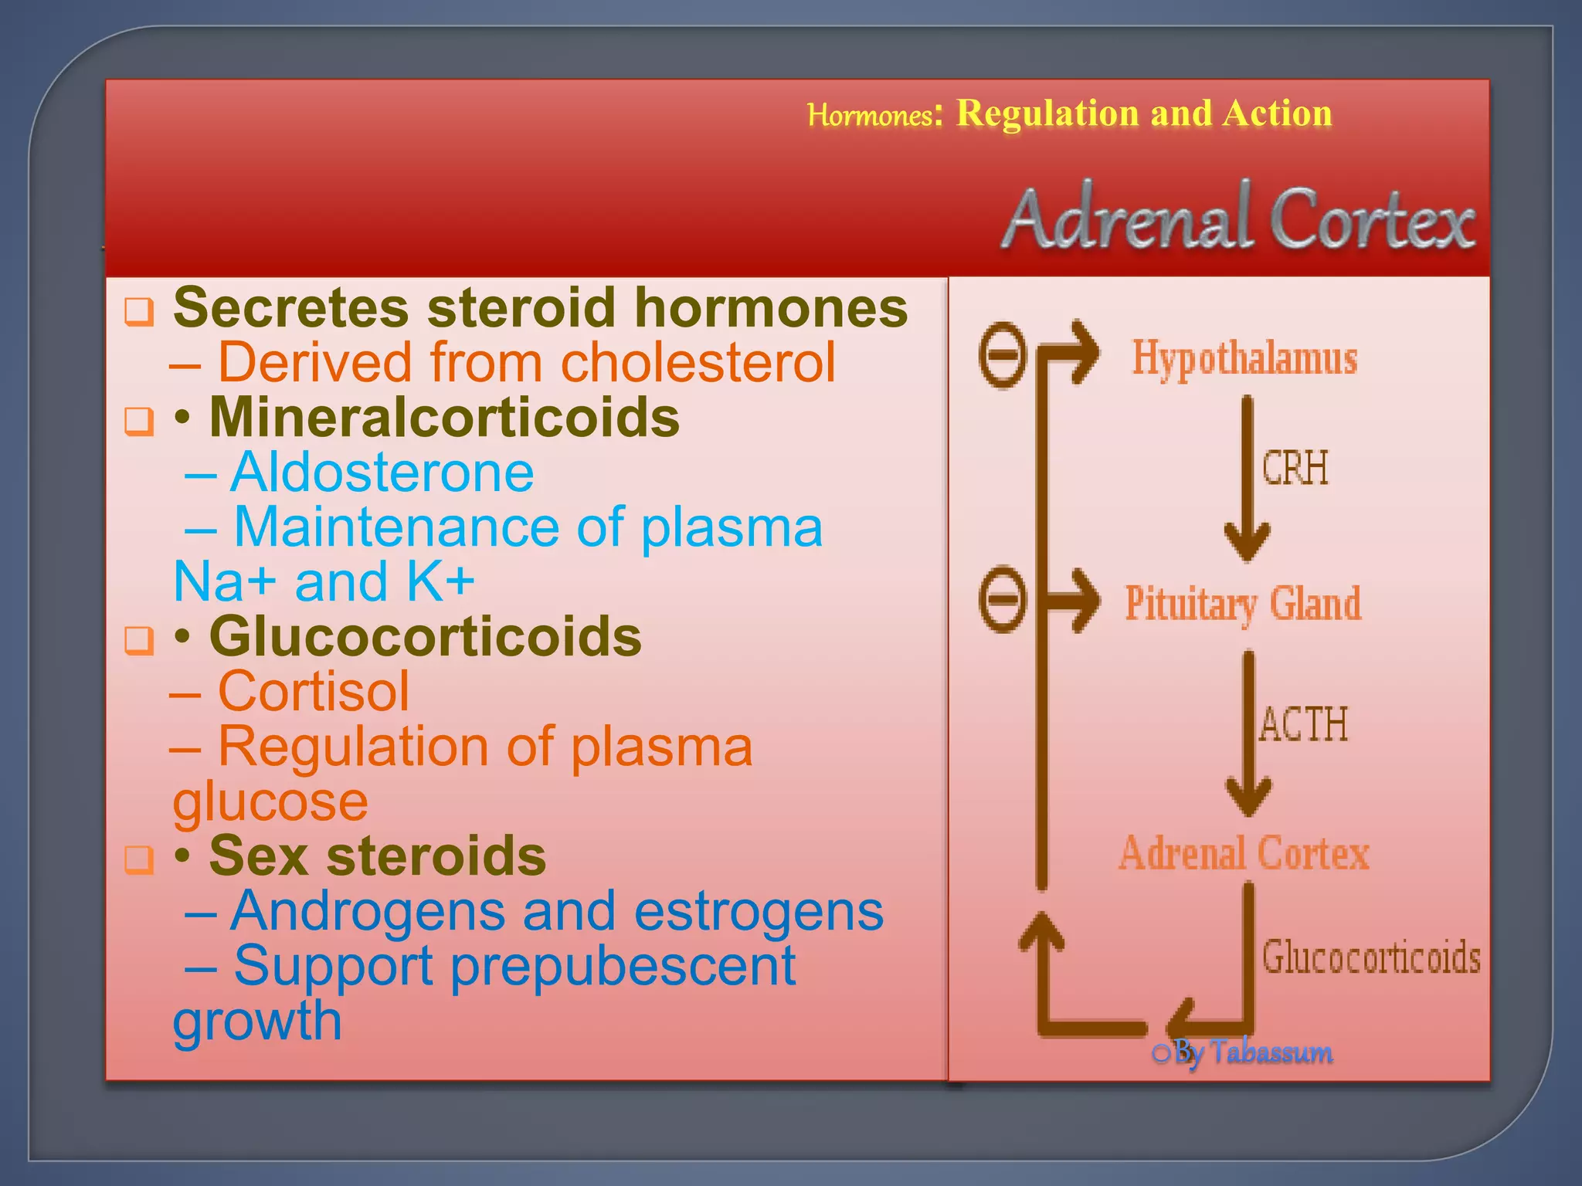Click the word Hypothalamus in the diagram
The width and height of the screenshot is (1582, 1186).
tap(1244, 359)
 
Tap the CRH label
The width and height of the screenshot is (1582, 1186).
tap(1295, 468)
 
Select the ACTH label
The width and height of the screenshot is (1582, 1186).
tap(1303, 724)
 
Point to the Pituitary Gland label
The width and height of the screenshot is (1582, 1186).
tap(1243, 604)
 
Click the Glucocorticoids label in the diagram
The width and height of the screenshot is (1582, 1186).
tap(1371, 957)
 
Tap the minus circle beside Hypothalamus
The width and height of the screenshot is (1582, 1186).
tap(1003, 354)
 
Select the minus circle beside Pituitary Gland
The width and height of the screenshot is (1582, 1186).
tap(1003, 599)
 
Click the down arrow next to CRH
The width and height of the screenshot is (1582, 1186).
tap(1247, 479)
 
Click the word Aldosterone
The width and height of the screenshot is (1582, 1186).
tap(382, 472)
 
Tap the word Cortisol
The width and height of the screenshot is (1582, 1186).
tap(314, 691)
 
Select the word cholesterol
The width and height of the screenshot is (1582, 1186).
tap(698, 362)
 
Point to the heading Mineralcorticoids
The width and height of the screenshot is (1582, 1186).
tap(444, 417)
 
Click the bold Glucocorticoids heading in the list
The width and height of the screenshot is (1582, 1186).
tap(425, 636)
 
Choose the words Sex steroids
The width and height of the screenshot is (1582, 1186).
tap(377, 856)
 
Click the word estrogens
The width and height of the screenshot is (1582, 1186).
tap(759, 911)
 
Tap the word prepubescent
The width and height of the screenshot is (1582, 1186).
tap(623, 966)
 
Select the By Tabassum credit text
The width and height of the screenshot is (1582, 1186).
tap(1253, 1052)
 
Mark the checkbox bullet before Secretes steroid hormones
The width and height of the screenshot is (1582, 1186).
tap(139, 311)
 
